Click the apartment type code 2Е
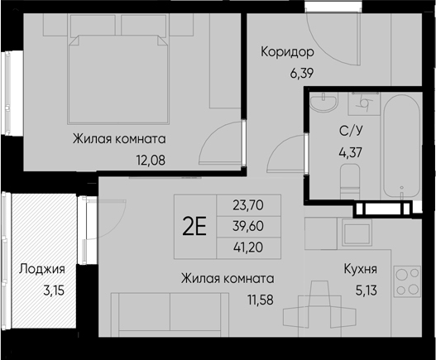tap(194, 225)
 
